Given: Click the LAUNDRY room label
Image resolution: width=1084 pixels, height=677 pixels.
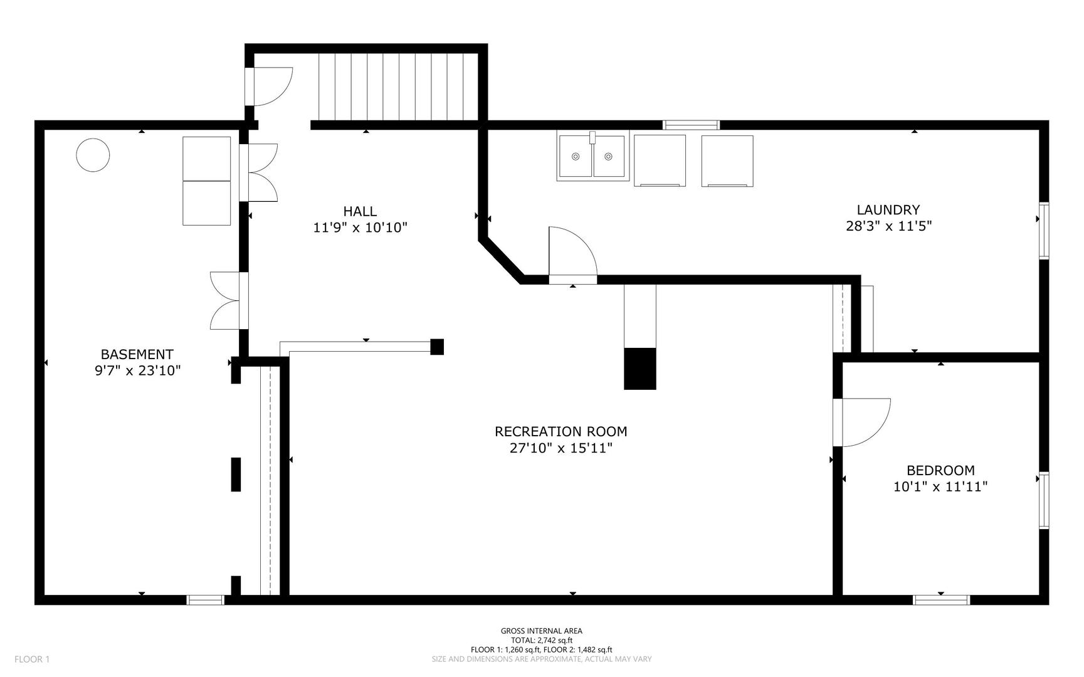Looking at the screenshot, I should pos(888,210).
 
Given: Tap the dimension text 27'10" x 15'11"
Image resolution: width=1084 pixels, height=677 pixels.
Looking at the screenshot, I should pos(560,448).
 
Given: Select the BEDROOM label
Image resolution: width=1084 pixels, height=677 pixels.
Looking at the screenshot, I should pos(940,470).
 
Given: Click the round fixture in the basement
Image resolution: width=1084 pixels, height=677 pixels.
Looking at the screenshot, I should pos(93,154).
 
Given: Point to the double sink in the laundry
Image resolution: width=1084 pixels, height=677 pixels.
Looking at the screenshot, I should pos(592,157).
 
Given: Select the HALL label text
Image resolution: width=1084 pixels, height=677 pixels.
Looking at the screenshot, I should pos(360,211).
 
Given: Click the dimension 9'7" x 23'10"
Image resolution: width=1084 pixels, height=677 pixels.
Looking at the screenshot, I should pos(137,370).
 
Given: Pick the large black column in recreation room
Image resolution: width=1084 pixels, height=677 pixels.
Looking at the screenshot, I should pos(639,369).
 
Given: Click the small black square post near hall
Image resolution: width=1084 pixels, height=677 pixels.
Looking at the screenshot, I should pos(437,347).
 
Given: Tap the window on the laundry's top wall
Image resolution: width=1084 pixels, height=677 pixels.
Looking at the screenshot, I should pos(691,125).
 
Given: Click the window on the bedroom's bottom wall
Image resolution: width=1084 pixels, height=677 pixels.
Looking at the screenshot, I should pos(941,600).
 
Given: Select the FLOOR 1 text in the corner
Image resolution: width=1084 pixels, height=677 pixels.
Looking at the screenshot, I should pos(31,659).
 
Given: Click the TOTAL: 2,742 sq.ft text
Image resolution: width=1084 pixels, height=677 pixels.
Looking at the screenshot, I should pos(541,640).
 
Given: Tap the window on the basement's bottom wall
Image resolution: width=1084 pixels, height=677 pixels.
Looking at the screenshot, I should pos(206,600).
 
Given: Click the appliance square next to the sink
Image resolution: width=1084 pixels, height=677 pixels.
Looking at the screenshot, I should pos(660,160).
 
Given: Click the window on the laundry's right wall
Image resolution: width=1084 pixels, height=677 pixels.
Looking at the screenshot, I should pos(1044,231).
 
